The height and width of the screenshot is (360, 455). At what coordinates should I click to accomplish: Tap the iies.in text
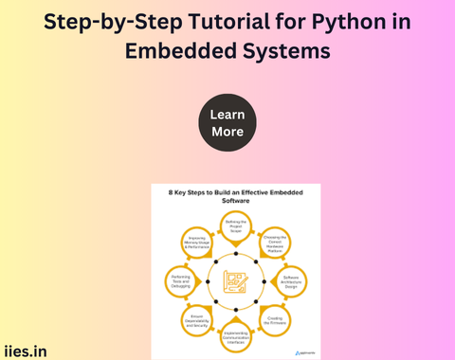coord(27,350)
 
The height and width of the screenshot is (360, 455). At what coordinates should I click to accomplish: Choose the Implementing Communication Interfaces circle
coord(236,333)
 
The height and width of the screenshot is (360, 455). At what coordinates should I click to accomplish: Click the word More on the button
coord(227,132)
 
